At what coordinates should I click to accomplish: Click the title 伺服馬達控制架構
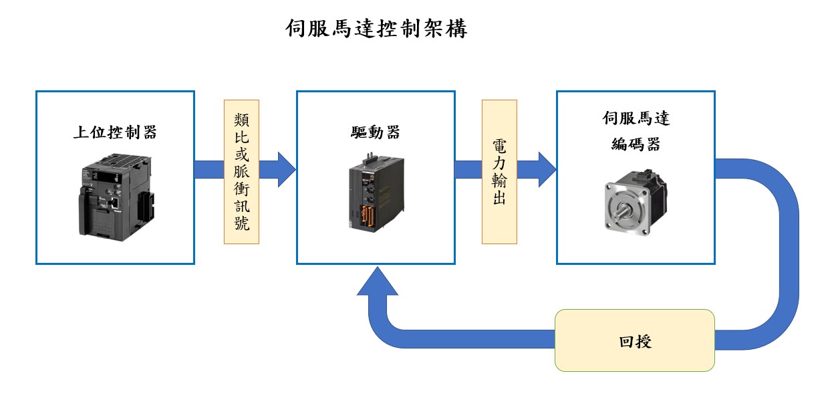click(376, 29)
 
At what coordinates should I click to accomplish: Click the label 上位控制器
click(115, 132)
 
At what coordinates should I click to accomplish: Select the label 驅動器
click(376, 132)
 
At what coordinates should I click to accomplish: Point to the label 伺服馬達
click(636, 119)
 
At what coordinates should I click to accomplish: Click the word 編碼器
click(636, 144)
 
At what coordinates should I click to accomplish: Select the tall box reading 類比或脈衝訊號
click(241, 172)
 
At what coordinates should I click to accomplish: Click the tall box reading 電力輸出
click(499, 172)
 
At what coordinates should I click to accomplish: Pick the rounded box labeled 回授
click(635, 340)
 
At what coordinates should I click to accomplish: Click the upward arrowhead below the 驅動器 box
click(378, 281)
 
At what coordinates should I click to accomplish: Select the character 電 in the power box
click(499, 146)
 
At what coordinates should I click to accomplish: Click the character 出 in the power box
click(499, 199)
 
